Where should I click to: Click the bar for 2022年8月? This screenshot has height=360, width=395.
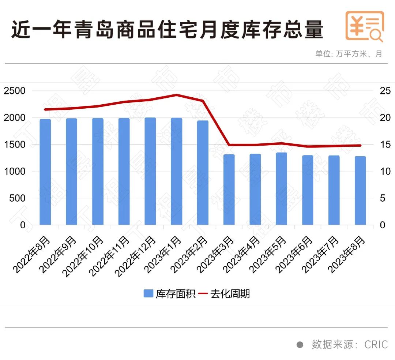[45, 172]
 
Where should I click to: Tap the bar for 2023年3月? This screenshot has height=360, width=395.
[229, 190]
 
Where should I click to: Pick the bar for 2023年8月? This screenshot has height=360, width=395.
[360, 191]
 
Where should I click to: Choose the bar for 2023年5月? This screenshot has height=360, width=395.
[281, 189]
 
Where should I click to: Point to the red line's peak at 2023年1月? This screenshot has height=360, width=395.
[176, 95]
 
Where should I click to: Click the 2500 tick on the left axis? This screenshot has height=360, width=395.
[15, 91]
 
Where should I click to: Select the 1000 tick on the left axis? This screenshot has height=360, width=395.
[15, 171]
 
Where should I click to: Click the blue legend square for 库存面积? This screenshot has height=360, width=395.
[148, 294]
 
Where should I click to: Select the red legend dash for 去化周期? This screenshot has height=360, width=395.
[203, 294]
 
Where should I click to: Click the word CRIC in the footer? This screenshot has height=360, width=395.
[376, 345]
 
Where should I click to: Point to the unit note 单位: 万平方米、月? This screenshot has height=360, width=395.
[349, 54]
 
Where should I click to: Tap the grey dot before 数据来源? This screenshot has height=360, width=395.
[300, 345]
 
